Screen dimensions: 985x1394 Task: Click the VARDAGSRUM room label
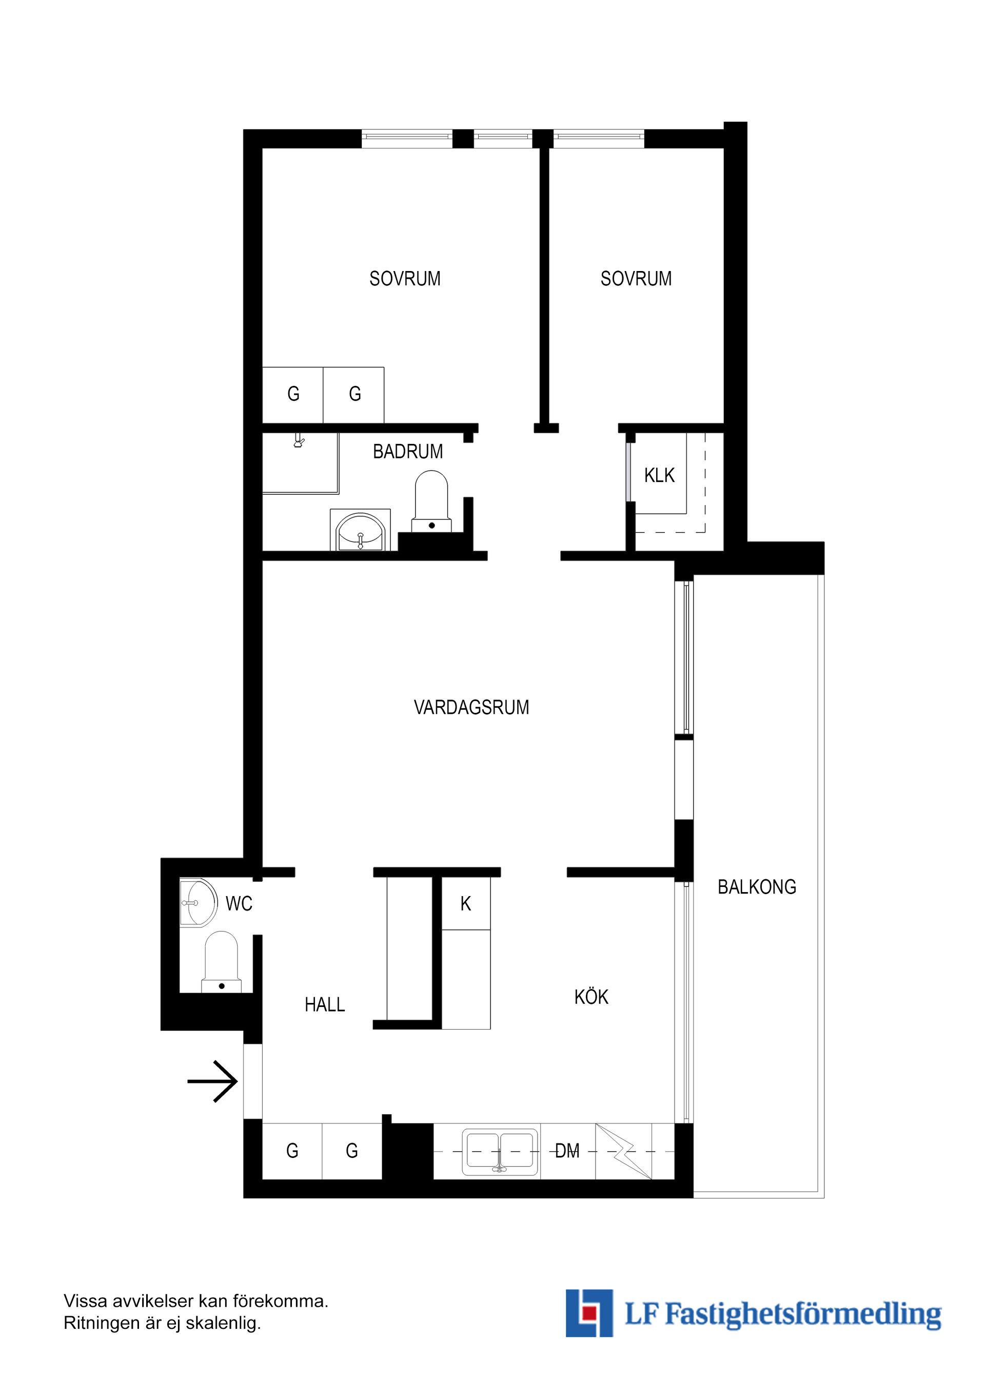click(x=471, y=707)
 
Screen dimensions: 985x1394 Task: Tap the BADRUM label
click(x=408, y=452)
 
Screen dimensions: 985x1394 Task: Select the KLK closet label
click(x=659, y=475)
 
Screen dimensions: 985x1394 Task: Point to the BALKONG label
click(x=757, y=887)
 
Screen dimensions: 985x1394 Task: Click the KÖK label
click(x=591, y=996)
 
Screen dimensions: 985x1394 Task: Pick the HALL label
click(x=325, y=1005)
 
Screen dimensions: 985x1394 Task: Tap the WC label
click(x=239, y=904)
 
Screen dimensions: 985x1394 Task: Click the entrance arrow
click(x=212, y=1081)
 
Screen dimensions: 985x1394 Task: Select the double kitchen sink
click(x=500, y=1152)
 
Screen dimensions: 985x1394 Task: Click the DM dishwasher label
click(x=567, y=1151)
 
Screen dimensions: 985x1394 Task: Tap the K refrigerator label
click(x=465, y=904)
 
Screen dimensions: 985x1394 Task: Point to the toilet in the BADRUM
click(x=431, y=501)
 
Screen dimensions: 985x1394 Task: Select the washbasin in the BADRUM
click(x=360, y=530)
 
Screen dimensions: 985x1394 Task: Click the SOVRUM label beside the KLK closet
click(x=636, y=279)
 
